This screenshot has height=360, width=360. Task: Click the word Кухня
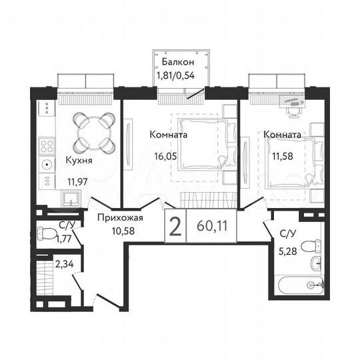click(79, 161)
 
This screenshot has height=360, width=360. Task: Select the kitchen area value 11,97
click(79, 180)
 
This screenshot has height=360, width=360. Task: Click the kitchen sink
click(69, 197)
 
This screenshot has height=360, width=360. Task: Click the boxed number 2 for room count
click(175, 227)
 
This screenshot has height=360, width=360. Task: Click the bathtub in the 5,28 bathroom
click(297, 285)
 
